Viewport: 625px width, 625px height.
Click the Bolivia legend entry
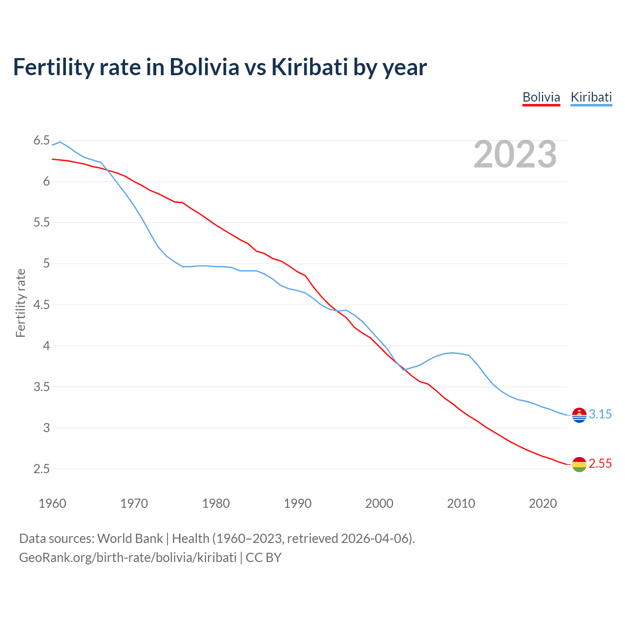pos(541,97)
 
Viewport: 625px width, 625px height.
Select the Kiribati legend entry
pos(591,97)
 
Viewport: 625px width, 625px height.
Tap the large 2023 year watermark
pos(515,154)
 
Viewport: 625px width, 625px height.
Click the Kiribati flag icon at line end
pos(579,415)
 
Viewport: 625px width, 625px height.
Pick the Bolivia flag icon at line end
pos(579,464)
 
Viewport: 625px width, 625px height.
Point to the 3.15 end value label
pos(600,415)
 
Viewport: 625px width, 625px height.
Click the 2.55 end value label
pos(600,464)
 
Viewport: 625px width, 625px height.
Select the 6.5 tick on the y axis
pos(42,141)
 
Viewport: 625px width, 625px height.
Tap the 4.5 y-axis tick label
pos(42,305)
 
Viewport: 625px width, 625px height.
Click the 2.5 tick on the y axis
pos(42,469)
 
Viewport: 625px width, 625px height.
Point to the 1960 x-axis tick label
pos(52,503)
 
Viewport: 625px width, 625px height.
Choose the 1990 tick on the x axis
pos(297,503)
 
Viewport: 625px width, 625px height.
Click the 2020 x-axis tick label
pos(542,503)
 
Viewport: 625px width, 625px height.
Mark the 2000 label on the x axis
pos(379,503)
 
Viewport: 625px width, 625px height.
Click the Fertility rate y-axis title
pos(21,303)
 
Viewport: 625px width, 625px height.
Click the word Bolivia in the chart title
pos(204,67)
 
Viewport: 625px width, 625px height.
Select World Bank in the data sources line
pos(130,539)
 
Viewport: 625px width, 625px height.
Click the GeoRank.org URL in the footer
pos(127,558)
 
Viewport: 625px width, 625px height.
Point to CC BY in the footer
pos(264,558)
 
